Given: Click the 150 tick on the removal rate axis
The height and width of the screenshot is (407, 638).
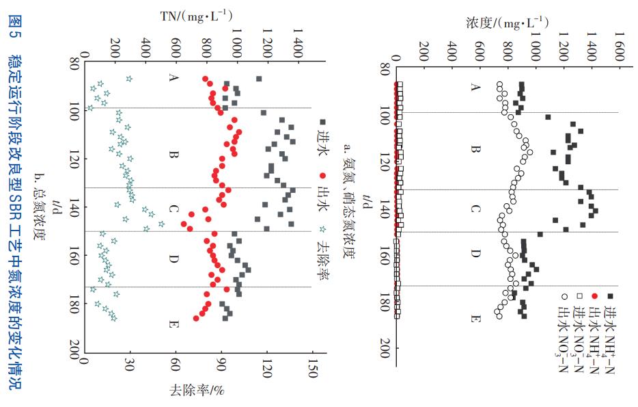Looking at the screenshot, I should click(312, 369).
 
